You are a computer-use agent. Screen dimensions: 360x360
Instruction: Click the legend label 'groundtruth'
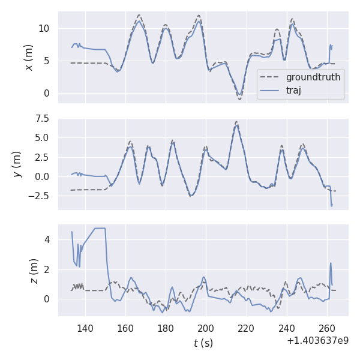coord(313,77)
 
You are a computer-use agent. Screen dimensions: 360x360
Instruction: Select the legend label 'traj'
coord(293,91)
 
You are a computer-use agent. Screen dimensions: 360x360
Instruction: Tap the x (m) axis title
coord(28,57)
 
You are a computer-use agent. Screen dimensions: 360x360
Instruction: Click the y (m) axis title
coord(18,164)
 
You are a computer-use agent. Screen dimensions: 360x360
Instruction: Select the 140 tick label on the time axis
coord(85,329)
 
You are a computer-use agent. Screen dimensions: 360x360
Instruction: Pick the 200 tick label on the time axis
coord(206,329)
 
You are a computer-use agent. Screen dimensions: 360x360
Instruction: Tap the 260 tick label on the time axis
coord(326,329)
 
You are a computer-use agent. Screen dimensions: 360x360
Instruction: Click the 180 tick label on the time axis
coord(166,329)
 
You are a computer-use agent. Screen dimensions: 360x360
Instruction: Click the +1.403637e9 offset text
coord(317,341)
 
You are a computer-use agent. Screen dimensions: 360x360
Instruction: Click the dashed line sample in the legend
coord(271,77)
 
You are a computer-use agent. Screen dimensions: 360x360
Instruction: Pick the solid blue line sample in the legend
coord(271,91)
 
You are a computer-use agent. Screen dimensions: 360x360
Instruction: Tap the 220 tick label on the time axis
coord(246,329)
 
